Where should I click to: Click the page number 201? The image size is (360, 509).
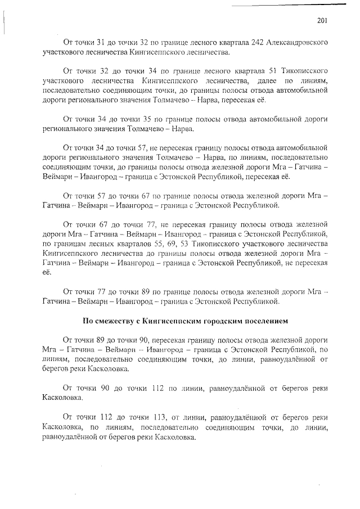pos(322,21)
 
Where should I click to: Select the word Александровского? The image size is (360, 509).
pos(283,42)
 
